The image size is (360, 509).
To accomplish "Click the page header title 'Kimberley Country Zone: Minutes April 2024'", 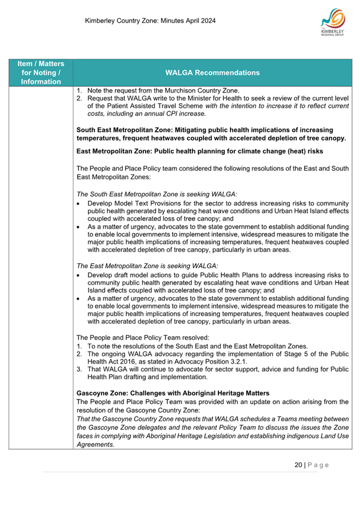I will point(150,21).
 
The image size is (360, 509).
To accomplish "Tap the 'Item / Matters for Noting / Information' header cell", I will point(41,73).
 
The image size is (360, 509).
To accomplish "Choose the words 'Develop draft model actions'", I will point(131,274).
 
